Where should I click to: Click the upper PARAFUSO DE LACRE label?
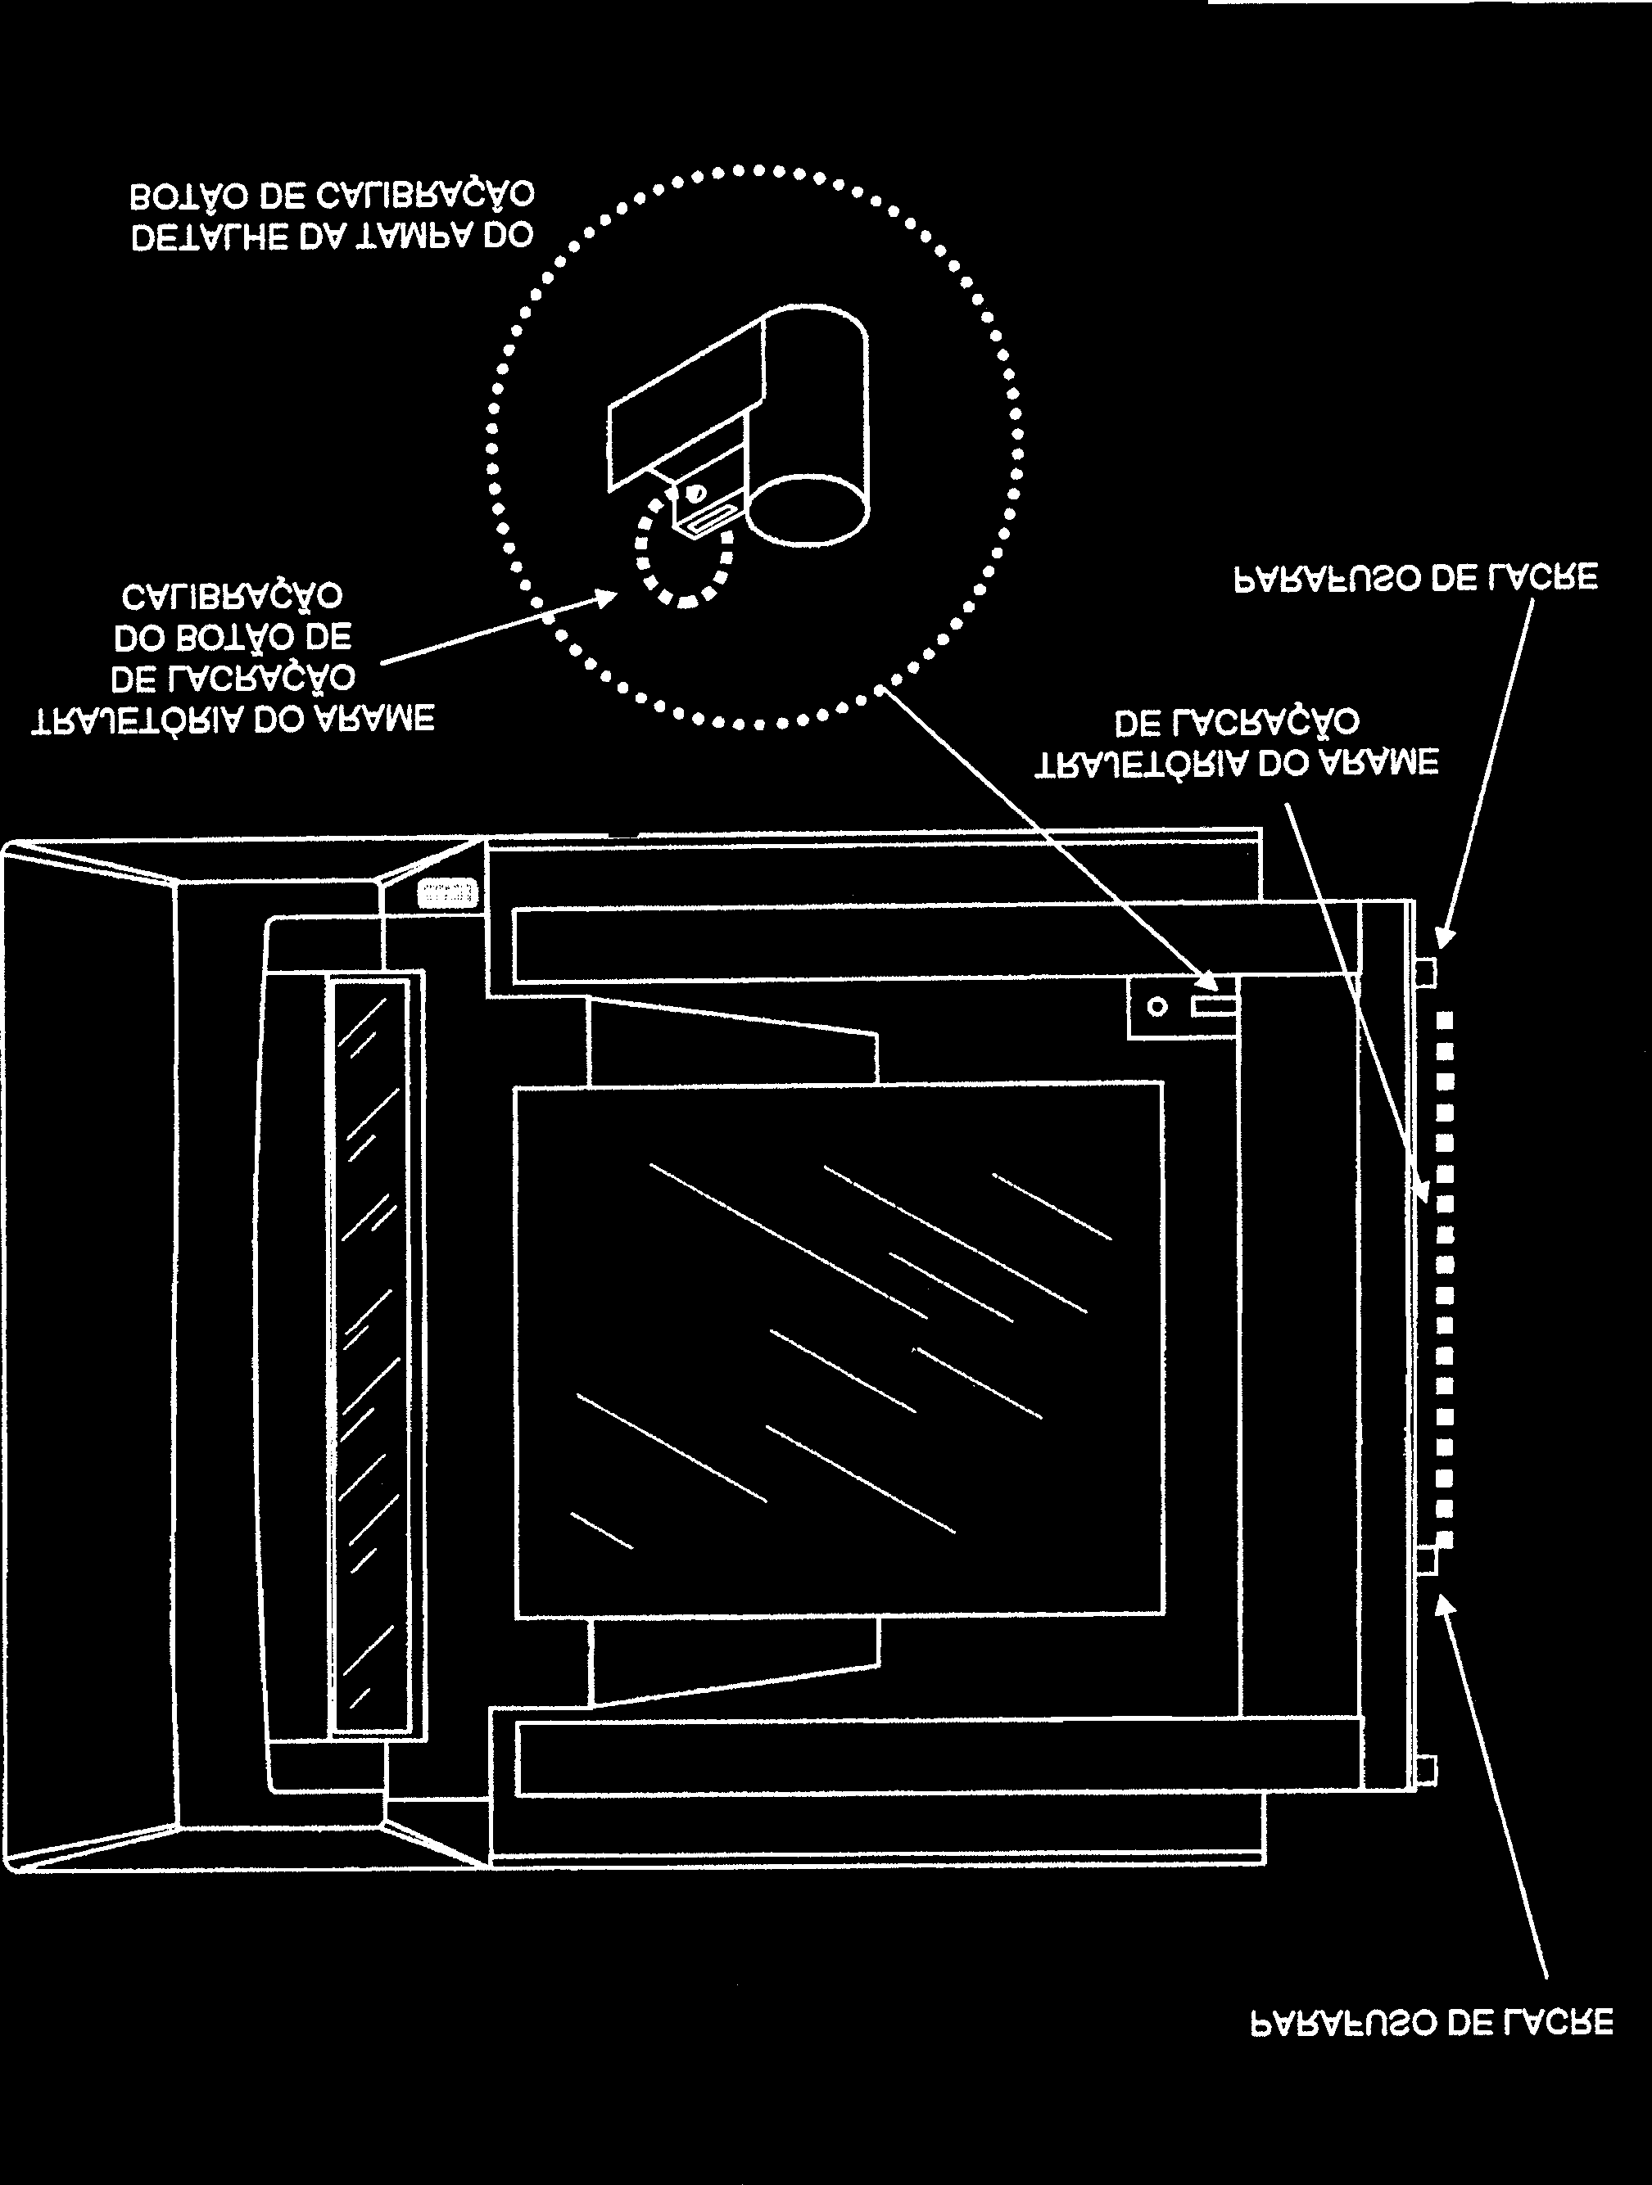1416,578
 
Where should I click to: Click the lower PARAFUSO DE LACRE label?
1432,2022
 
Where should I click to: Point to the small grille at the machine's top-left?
447,894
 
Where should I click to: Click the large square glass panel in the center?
840,1349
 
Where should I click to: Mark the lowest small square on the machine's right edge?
1426,1770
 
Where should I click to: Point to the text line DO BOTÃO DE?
233,638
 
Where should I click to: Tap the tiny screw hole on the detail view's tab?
695,492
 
